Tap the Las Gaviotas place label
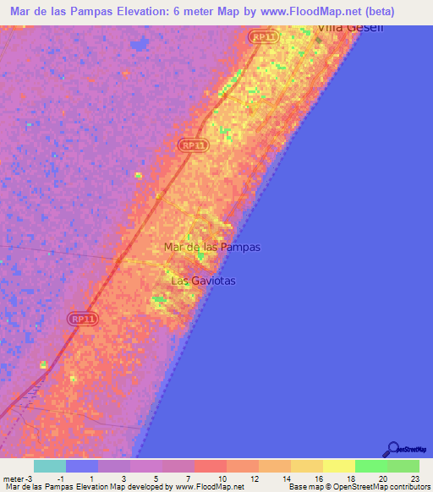[x=203, y=280]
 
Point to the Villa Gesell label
[x=349, y=28]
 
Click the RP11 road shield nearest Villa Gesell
[x=263, y=36]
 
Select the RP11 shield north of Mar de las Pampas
[x=194, y=145]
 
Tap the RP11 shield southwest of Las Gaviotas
[x=84, y=319]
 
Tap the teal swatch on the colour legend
[x=50, y=466]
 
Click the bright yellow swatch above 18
[x=338, y=466]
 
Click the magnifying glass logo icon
[x=392, y=449]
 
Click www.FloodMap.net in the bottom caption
[x=208, y=487]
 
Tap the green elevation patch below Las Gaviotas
[x=160, y=299]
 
